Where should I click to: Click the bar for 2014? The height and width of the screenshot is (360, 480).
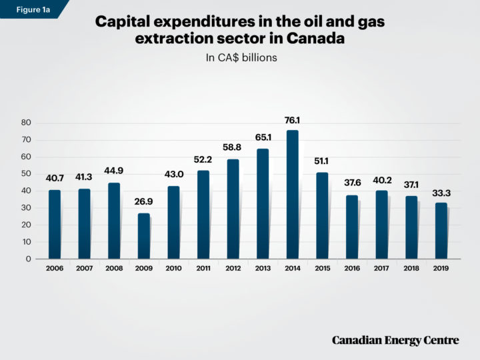point(292,194)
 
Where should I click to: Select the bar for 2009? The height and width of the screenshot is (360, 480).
point(144,236)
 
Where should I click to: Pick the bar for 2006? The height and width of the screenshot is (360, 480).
point(55,224)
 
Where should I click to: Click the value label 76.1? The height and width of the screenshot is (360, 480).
point(292,121)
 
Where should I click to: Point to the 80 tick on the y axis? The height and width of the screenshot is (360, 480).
point(27,123)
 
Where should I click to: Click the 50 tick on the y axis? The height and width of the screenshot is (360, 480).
point(27,174)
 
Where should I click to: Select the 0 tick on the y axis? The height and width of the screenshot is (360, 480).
point(29,259)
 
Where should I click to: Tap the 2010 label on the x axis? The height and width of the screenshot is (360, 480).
point(173,268)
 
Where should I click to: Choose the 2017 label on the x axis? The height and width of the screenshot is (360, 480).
point(381,268)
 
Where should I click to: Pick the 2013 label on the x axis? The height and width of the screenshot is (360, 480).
point(263,268)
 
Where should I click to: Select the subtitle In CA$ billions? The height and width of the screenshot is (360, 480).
point(240,58)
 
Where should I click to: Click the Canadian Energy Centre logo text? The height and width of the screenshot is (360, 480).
point(395,341)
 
